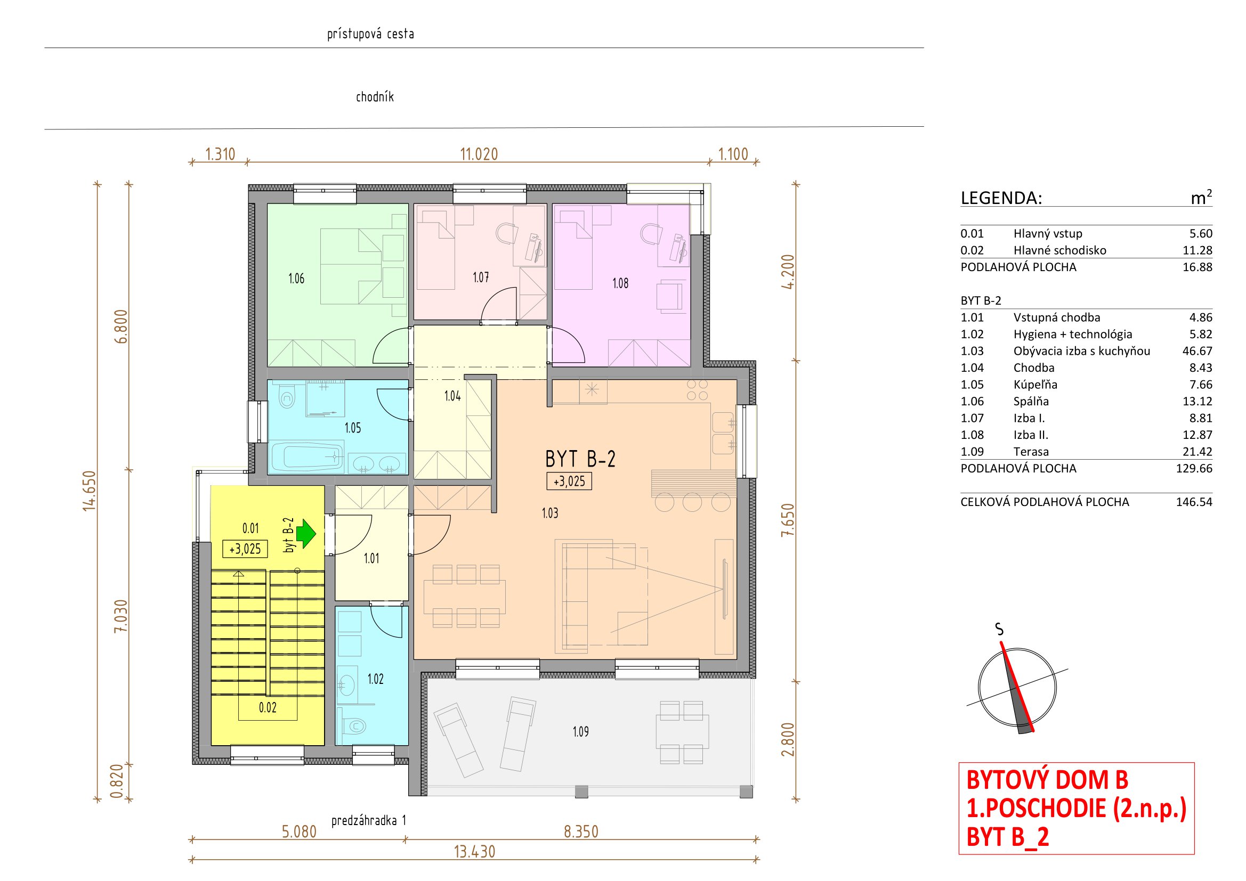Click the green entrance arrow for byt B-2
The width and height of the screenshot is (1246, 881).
point(306,534)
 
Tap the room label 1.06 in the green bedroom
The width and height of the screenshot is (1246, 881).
point(296,279)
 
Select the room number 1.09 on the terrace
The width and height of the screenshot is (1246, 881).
point(581,732)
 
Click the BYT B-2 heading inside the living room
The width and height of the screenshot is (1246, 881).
point(580,459)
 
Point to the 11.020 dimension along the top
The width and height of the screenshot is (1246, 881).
point(479,154)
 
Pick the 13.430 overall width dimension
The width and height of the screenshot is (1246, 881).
point(474,852)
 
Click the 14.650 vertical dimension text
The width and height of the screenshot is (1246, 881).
point(89,491)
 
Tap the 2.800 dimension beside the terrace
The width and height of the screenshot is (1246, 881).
point(788,739)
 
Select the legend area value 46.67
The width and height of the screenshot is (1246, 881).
point(1197,351)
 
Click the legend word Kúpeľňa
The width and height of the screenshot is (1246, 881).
point(1035,385)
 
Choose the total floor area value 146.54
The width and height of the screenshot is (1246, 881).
point(1194,502)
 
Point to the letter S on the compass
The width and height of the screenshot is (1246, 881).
point(999,629)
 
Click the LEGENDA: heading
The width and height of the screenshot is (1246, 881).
point(1001,198)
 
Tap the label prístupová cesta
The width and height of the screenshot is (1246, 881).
point(370,34)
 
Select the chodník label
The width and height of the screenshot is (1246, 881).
point(375,97)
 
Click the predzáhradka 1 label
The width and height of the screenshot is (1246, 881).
point(369,820)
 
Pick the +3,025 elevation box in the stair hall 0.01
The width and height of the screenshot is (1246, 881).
point(245,549)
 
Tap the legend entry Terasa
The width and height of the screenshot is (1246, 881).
point(1031,452)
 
